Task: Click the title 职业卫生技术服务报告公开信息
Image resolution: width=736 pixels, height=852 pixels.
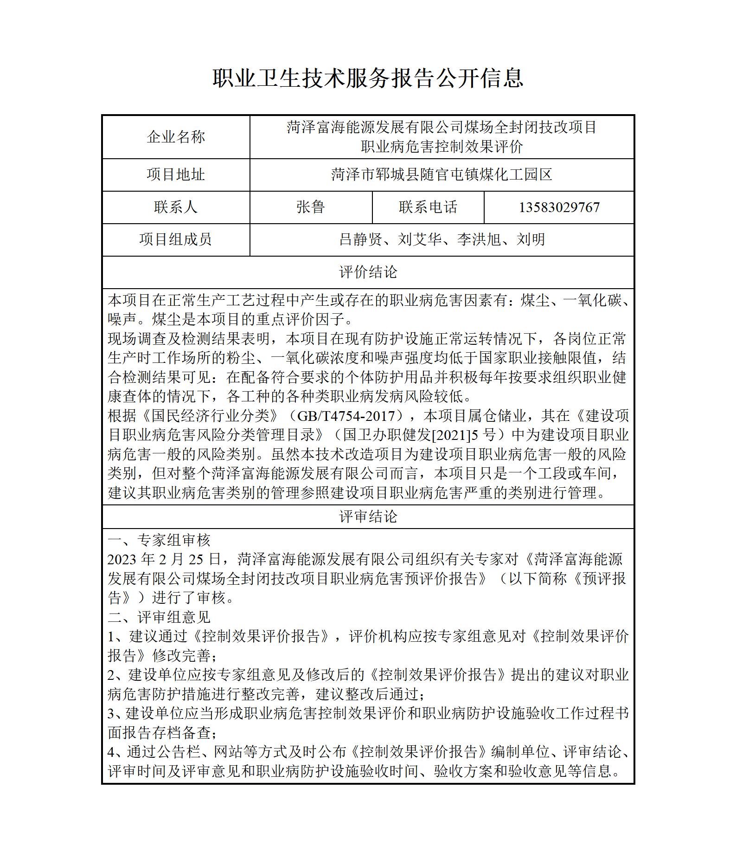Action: [368, 78]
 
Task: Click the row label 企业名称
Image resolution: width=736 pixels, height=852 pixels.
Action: [176, 137]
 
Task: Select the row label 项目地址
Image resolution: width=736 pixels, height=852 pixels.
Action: [176, 175]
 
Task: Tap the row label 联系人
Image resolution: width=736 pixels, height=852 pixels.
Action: [176, 207]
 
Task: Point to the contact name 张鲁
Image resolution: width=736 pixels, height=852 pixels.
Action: [310, 207]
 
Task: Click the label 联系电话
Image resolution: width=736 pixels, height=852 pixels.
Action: [428, 207]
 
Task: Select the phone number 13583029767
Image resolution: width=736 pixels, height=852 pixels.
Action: [559, 207]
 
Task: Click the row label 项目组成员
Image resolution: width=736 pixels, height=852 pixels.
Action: [176, 239]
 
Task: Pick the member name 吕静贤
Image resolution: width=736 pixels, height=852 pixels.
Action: [360, 239]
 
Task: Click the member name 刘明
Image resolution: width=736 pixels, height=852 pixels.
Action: [531, 239]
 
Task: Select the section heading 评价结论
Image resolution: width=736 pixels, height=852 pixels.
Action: [368, 272]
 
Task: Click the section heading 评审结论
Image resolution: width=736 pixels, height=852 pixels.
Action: [368, 516]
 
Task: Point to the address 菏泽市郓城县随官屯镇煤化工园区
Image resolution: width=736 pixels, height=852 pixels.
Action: [442, 175]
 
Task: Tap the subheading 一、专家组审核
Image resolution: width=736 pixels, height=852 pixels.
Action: [159, 540]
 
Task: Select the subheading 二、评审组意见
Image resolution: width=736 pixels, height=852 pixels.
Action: [159, 617]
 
